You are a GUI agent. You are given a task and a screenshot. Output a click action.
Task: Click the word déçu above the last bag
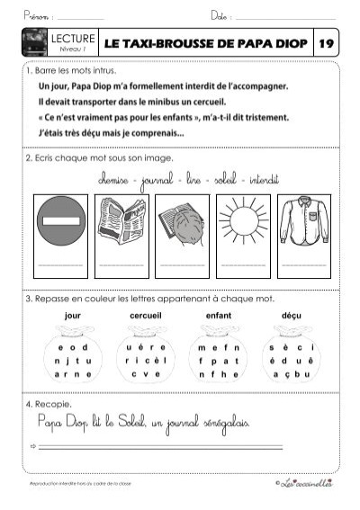click(x=292, y=316)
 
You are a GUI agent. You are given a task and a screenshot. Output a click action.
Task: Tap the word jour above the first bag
click(x=73, y=316)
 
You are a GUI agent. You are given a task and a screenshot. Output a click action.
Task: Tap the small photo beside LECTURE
click(x=38, y=43)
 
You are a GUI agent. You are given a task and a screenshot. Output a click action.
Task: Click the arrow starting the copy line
click(x=32, y=446)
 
